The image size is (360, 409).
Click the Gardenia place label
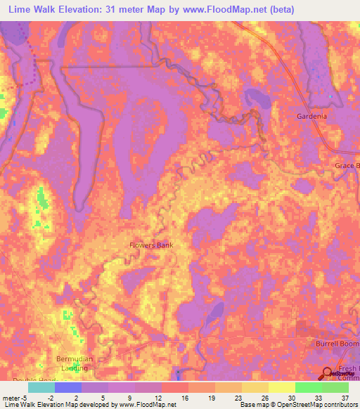[312, 116]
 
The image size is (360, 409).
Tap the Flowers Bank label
[150, 245]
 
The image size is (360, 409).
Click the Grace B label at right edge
[347, 166]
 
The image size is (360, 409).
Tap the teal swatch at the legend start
[41, 387]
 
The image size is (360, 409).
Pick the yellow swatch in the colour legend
[281, 387]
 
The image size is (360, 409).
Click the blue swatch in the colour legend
[68, 387]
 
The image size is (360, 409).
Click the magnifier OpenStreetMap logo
[330, 373]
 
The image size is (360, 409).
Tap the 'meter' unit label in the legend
[11, 397]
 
